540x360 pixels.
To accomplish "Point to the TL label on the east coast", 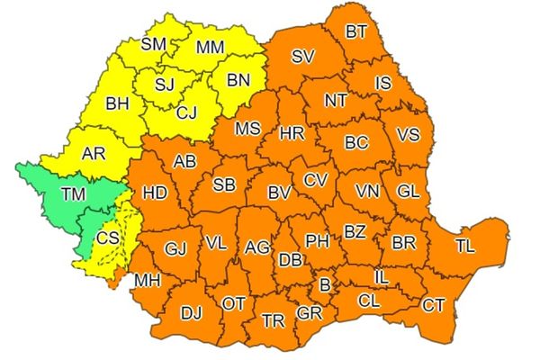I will click(x=464, y=246).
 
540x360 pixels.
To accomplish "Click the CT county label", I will click(x=433, y=304).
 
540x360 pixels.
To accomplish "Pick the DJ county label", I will click(x=191, y=313).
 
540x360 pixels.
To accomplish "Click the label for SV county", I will click(x=302, y=57).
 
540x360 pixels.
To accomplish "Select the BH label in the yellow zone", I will click(x=117, y=103).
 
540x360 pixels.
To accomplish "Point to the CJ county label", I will click(x=186, y=112).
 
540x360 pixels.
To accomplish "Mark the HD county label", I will click(x=156, y=193).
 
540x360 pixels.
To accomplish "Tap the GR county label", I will click(x=310, y=312).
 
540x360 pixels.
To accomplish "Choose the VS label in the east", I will click(x=408, y=134).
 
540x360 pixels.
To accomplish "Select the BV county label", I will click(x=279, y=192).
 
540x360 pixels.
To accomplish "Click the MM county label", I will click(x=210, y=46).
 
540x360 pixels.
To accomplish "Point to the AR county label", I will click(x=94, y=154).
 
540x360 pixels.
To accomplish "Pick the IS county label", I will click(x=382, y=84).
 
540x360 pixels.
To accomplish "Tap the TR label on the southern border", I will click(x=273, y=320).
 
